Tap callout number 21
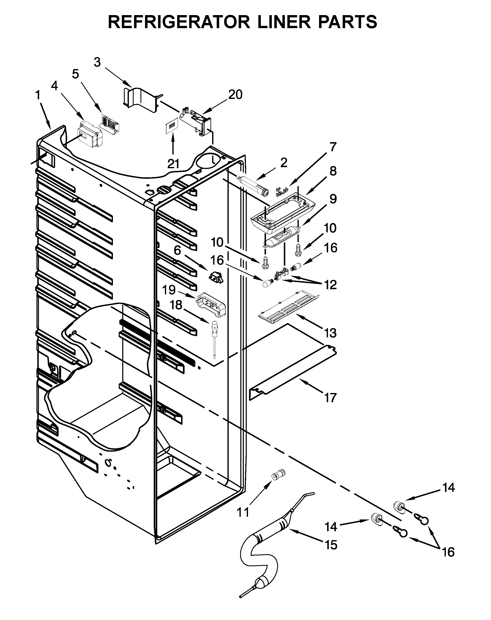tap(173, 164)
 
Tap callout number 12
tap(331, 285)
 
